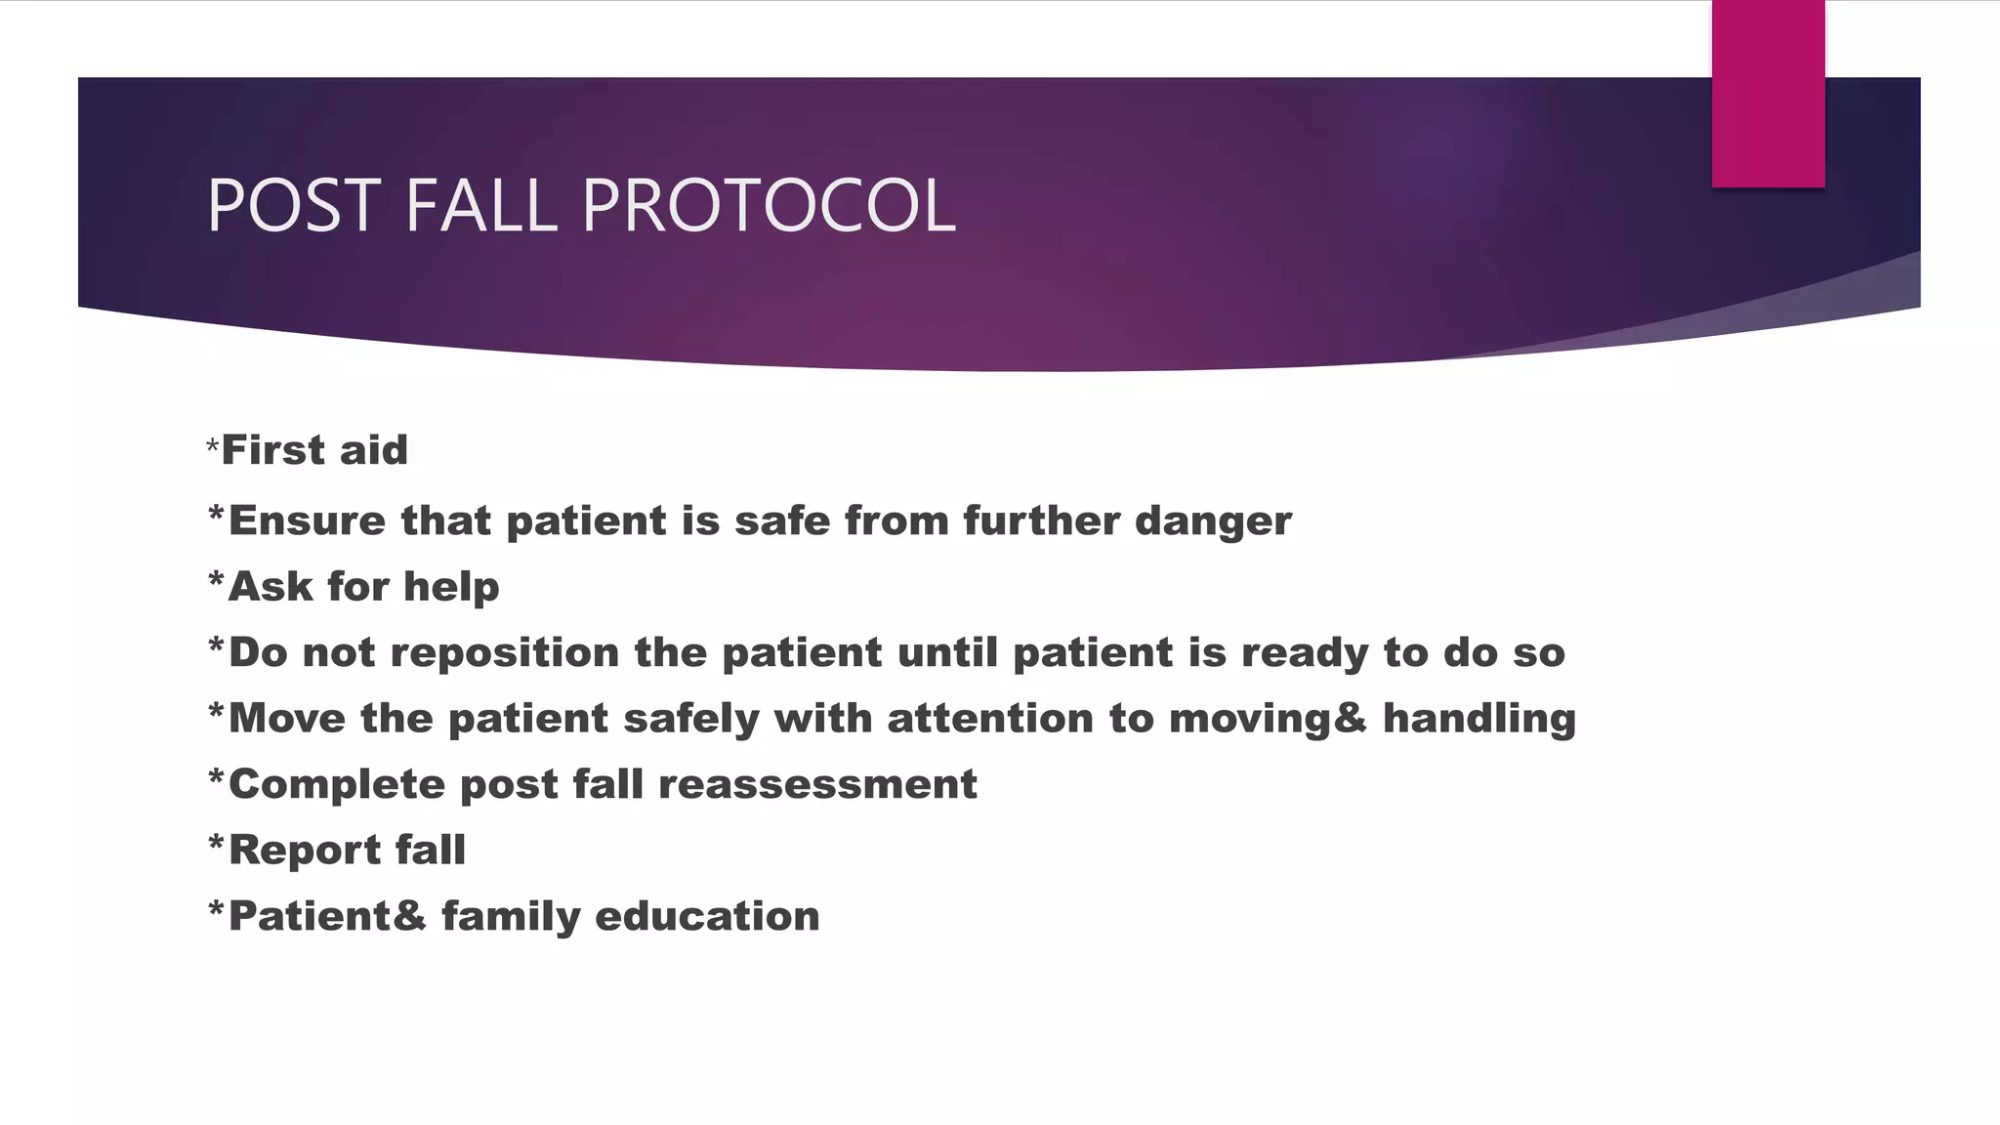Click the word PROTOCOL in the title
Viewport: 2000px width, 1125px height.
coord(769,205)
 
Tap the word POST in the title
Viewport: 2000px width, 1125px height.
coord(294,205)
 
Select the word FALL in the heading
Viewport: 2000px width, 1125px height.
coord(479,205)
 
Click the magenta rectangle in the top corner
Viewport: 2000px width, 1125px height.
coord(1768,93)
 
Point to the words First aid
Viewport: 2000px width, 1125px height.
coord(314,450)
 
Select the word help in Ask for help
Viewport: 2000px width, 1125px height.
coord(451,587)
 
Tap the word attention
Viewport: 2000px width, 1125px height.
coord(989,719)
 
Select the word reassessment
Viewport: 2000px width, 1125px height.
coord(817,784)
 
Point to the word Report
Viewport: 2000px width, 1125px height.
coord(305,850)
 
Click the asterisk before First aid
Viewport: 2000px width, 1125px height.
coord(213,447)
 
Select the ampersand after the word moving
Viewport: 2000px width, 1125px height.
coord(1349,719)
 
